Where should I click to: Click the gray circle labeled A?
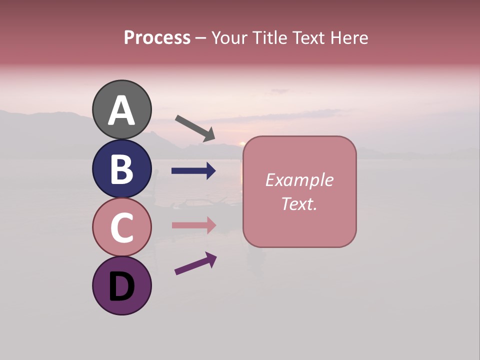[x=122, y=109]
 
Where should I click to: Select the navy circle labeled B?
[x=122, y=168]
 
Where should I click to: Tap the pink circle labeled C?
[x=122, y=227]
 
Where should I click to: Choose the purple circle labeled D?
[x=122, y=285]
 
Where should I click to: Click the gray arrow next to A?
[x=195, y=128]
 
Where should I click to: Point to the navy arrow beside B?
[x=193, y=171]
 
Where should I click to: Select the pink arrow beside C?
[x=193, y=225]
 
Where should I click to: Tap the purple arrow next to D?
[x=195, y=263]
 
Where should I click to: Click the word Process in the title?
[x=157, y=37]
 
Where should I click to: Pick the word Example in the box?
[x=299, y=180]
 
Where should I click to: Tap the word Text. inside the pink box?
[x=299, y=203]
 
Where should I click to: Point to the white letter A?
[x=122, y=110]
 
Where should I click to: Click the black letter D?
[x=122, y=286]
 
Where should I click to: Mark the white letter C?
[x=122, y=228]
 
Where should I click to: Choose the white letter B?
[x=122, y=169]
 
